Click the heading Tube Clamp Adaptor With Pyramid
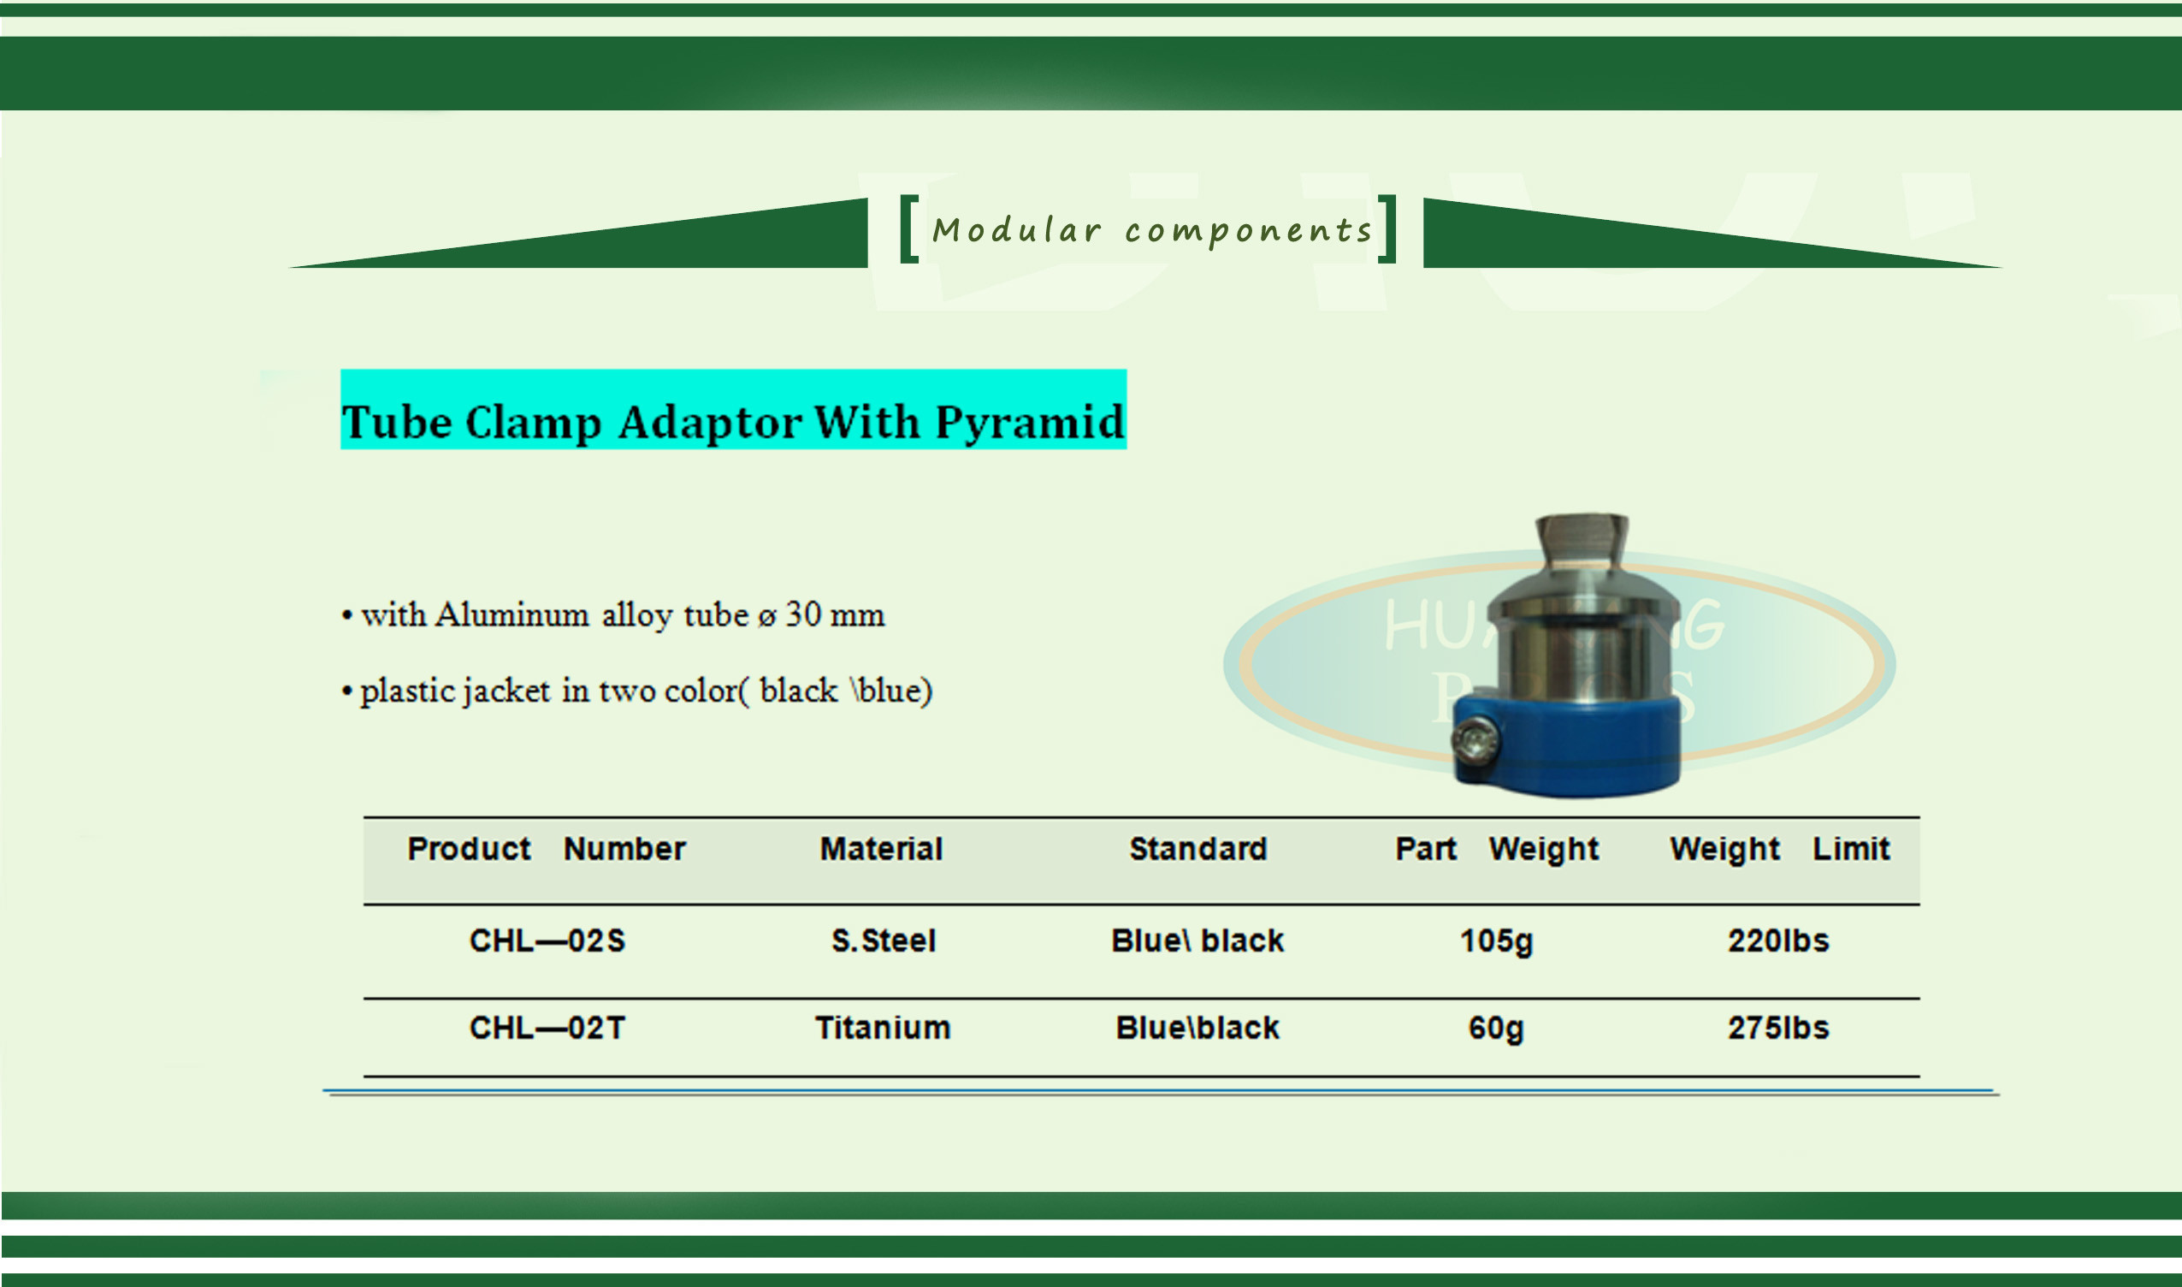tap(732, 423)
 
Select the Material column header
tap(881, 848)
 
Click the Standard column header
tap(1198, 848)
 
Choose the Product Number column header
tap(547, 848)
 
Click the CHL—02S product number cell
tap(547, 941)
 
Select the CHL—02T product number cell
tap(547, 1028)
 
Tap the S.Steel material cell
tap(884, 941)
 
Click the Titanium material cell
tap(883, 1028)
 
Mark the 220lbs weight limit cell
tap(1778, 941)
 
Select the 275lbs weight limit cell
tap(1778, 1028)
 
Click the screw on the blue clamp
tap(1475, 741)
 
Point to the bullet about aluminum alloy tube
tap(613, 616)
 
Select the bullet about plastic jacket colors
tap(637, 691)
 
